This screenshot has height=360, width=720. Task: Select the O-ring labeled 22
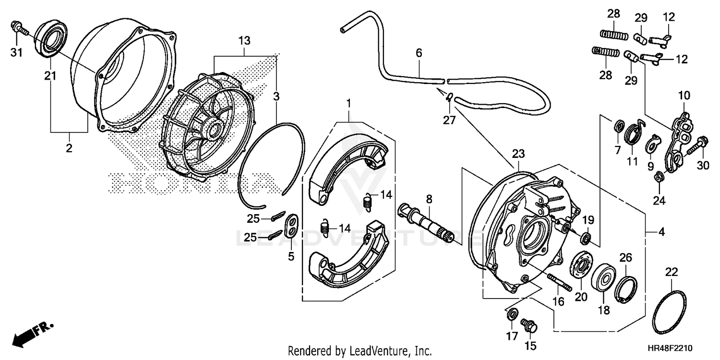(x=670, y=312)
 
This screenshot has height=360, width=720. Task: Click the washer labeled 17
(x=512, y=314)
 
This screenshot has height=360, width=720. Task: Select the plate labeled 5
(x=291, y=226)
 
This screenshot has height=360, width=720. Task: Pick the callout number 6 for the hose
(x=419, y=53)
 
